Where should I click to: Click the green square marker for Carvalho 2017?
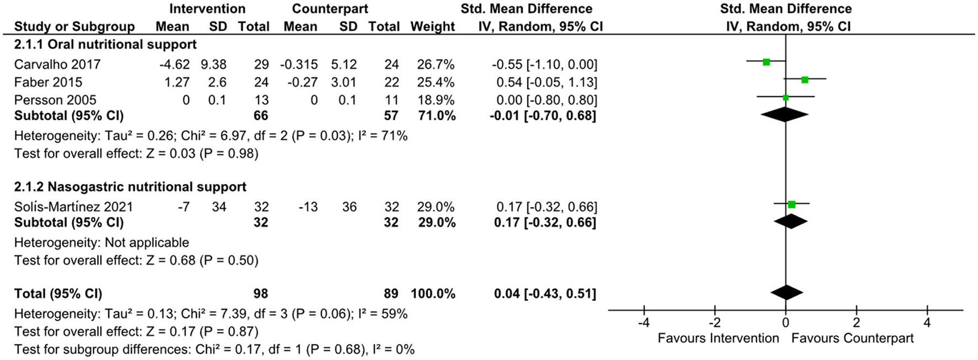[x=766, y=62]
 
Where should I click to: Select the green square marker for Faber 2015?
[x=805, y=80]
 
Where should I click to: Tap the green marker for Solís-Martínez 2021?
[x=791, y=204]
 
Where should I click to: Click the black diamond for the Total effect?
[x=786, y=293]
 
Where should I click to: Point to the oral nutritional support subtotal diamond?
[x=784, y=115]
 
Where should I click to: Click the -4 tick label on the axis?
[x=644, y=322]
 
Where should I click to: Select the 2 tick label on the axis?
[x=856, y=322]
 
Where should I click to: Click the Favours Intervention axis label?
[x=718, y=338]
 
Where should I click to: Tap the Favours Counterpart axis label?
[x=852, y=338]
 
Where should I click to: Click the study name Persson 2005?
[x=55, y=100]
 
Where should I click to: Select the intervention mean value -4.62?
[x=174, y=65]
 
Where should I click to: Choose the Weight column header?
[x=433, y=27]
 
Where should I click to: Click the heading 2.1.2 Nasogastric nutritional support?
[x=130, y=187]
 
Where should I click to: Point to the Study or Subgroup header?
[x=75, y=27]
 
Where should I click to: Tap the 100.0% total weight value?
[x=433, y=294]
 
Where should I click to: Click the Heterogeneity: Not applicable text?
[x=102, y=242]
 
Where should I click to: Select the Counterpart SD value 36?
[x=349, y=207]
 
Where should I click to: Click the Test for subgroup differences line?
[x=214, y=350]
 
